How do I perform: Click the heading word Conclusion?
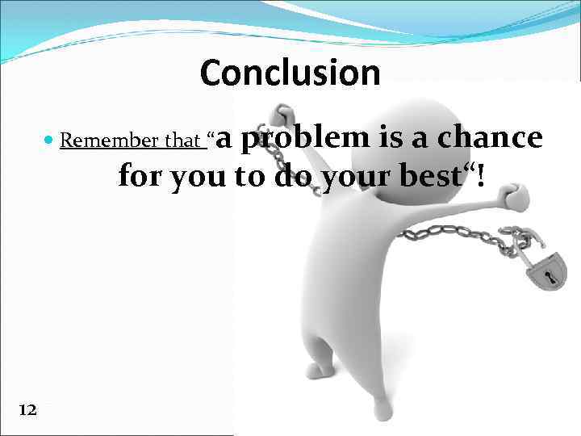290,73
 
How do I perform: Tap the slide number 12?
27,410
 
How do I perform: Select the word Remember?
109,141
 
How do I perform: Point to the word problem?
304,138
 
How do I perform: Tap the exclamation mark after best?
482,174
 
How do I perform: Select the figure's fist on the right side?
513,196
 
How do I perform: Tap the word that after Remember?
182,141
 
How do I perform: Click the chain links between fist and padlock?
452,236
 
